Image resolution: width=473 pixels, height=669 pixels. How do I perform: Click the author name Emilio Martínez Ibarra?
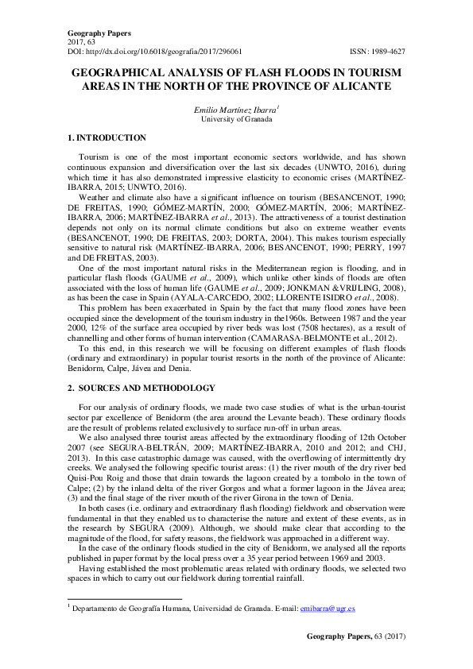[x=235, y=110]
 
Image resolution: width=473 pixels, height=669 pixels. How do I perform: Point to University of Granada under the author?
[x=236, y=120]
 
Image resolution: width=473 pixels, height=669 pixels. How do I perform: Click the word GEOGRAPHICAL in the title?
[x=118, y=72]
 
